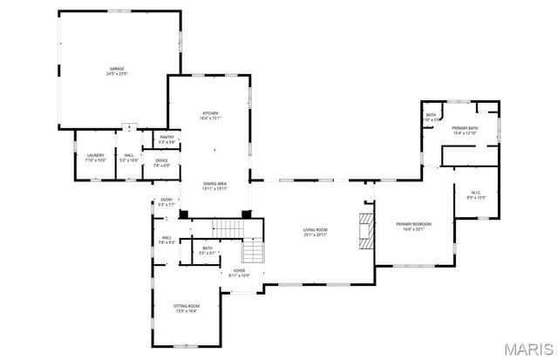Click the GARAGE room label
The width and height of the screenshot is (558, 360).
click(x=115, y=68)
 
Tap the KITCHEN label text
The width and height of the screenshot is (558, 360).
click(x=210, y=114)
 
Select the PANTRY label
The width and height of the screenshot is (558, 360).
click(x=167, y=137)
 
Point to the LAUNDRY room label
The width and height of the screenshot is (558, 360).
click(x=94, y=156)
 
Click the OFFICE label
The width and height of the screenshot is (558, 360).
click(x=161, y=160)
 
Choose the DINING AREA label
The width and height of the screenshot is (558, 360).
click(x=214, y=184)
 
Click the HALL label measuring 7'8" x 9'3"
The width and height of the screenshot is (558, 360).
click(x=166, y=237)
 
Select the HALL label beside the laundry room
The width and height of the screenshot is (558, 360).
click(x=128, y=156)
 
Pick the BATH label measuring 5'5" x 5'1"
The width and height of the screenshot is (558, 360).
click(x=207, y=248)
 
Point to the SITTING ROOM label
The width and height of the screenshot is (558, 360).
click(x=187, y=306)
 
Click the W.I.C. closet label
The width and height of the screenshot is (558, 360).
click(x=476, y=194)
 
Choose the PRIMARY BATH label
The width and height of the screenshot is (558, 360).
click(x=464, y=128)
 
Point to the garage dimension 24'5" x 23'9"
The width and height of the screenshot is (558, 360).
click(x=115, y=73)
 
